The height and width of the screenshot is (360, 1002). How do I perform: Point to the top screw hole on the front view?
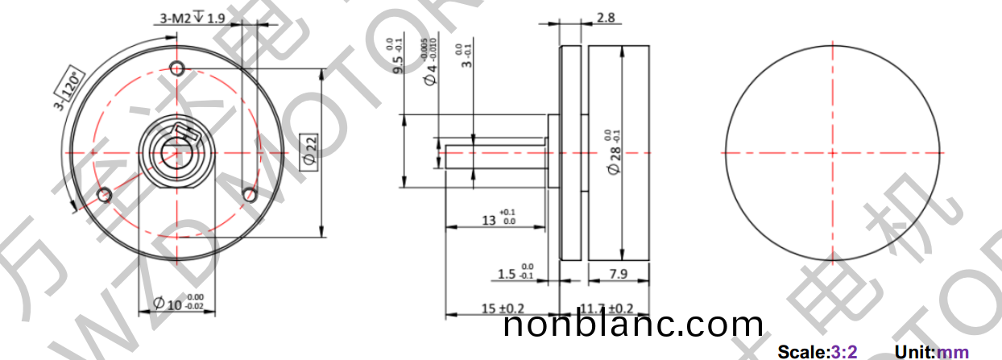point(178,66)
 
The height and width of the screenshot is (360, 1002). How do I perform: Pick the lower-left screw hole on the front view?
point(103,195)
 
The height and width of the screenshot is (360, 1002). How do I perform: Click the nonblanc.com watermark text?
point(633,325)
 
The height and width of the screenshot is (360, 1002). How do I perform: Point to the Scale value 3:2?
point(843,352)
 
